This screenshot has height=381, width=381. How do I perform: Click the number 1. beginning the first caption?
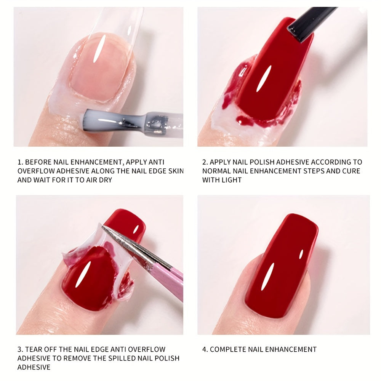pos(21,162)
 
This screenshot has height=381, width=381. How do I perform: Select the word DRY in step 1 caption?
pos(105,179)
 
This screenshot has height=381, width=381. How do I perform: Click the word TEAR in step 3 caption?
pos(34,349)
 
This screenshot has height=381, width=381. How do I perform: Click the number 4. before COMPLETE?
pos(205,349)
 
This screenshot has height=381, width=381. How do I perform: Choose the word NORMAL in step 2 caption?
pos(220,171)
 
